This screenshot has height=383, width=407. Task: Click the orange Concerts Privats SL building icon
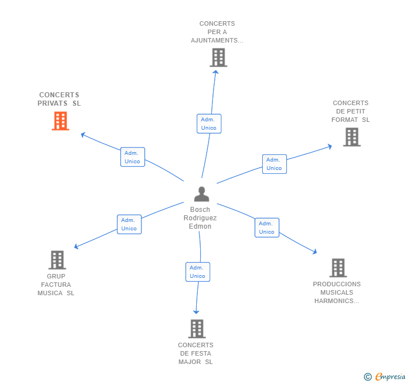tap(60, 121)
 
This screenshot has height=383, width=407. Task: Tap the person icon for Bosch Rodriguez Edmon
tap(201, 194)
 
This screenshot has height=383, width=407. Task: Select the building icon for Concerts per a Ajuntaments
tap(219, 58)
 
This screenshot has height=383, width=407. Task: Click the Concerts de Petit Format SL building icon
tap(352, 137)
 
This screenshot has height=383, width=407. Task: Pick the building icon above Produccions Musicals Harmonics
tap(338, 268)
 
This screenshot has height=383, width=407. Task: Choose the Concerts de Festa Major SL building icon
tap(197, 329)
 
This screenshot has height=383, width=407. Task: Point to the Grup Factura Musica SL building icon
tap(58, 260)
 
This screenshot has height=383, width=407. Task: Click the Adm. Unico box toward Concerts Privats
tap(132, 157)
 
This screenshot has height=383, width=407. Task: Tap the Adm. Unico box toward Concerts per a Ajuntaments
tap(209, 124)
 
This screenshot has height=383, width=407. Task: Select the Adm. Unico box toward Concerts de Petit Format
tap(275, 164)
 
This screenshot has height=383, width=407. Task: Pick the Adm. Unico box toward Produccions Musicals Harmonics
tap(267, 228)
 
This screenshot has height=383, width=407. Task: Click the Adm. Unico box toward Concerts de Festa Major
tap(198, 272)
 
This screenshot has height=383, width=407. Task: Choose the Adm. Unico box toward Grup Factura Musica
tap(129, 224)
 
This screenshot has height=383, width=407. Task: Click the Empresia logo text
tap(390, 376)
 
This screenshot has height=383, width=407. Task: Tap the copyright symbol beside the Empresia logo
tap(368, 377)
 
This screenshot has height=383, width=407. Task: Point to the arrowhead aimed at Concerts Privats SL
tap(83, 135)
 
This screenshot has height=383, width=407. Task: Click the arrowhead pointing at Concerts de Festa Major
tap(196, 312)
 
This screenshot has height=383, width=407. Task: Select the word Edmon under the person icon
tap(200, 226)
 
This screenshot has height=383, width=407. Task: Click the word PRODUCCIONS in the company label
tap(337, 284)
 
